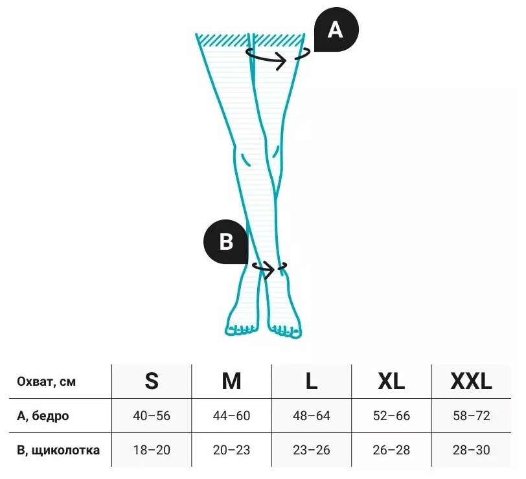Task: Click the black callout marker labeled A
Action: click(x=336, y=30)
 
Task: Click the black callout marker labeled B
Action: click(x=226, y=242)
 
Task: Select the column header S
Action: click(x=152, y=381)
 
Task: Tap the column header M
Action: click(x=231, y=381)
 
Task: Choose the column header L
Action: click(x=312, y=381)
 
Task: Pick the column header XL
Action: click(x=391, y=381)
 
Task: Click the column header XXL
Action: click(x=472, y=381)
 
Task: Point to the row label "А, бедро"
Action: click(x=43, y=416)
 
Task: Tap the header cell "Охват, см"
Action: click(x=42, y=382)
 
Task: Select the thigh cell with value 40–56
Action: click(x=152, y=416)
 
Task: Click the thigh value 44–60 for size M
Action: click(x=231, y=416)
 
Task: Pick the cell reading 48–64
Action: click(x=312, y=416)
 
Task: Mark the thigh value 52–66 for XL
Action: click(x=391, y=416)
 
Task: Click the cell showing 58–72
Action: click(x=472, y=416)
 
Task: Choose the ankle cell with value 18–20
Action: click(x=152, y=450)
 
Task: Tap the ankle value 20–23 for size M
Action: click(x=231, y=450)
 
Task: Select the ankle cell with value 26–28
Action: click(x=391, y=450)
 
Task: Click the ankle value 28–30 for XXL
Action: click(x=472, y=450)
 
